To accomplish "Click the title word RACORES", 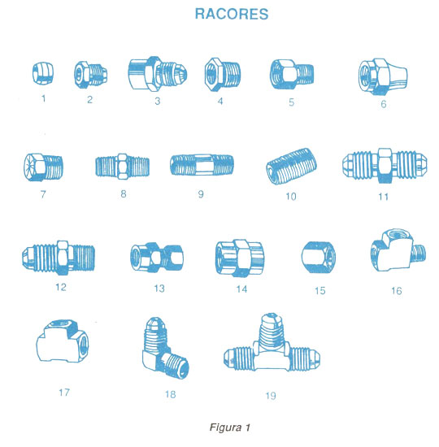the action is coord(232,14).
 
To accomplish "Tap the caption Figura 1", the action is coord(230,427).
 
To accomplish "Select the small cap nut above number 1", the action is coord(43,73).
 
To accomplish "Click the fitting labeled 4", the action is coord(223,74).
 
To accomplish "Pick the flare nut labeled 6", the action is coord(383,76).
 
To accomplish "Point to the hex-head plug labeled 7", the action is coord(43,167).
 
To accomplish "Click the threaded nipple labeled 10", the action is coord(292,166).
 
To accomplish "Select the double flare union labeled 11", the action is coord(385,165).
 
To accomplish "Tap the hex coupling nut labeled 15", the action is coord(319,257).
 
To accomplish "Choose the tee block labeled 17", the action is coord(62,341).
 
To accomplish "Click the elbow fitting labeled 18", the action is coord(164,349).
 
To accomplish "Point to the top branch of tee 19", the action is coord(272,330).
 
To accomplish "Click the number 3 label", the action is coord(158,101).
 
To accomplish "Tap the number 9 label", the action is coord(201,194).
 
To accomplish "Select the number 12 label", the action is coord(61,287).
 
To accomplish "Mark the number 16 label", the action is coord(397,291).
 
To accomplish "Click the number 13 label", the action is coord(159,289).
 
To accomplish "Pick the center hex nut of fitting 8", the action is coord(123,167).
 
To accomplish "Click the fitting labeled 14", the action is coord(239,258).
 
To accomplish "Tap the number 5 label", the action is coord(291,102).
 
